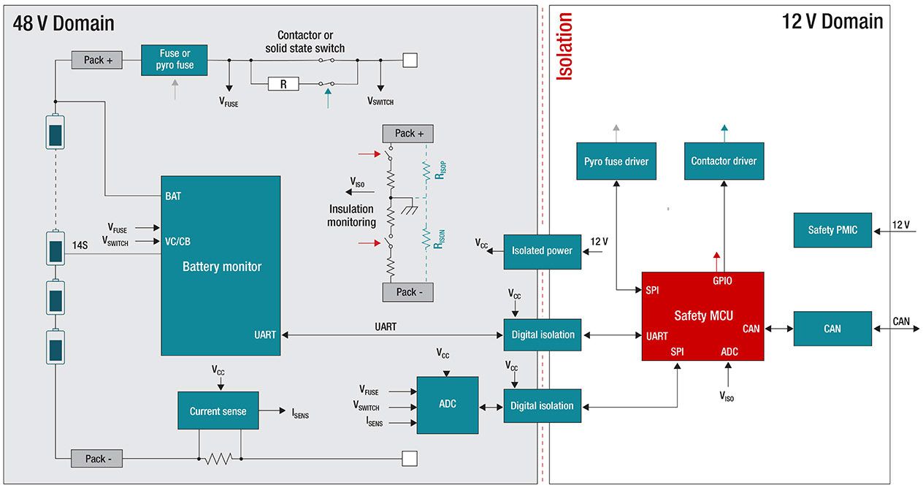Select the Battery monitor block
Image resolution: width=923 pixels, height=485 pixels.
221,266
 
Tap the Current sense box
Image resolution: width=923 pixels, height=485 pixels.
218,410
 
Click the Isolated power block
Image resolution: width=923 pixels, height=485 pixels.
542,251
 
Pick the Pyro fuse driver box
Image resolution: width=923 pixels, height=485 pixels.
616,161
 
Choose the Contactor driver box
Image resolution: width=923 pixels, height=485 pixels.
724,161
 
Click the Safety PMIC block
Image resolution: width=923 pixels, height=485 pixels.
832,229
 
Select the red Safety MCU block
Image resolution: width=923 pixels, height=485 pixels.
702,316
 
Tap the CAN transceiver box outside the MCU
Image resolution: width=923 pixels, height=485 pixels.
832,329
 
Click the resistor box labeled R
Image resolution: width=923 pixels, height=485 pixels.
283,84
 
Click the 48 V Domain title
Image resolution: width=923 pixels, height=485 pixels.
64,23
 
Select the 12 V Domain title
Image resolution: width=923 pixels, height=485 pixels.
832,21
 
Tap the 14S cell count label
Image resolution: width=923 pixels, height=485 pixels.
80,245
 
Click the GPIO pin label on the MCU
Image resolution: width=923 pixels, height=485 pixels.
722,280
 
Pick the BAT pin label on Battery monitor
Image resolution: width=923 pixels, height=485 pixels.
173,196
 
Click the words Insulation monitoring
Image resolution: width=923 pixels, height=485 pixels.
351,215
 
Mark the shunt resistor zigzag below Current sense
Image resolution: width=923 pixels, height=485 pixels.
219,459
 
